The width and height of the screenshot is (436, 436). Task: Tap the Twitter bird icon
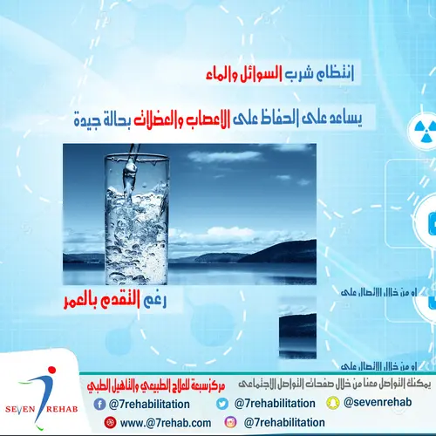click(x=221, y=403)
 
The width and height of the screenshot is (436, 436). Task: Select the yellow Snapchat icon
click(x=331, y=403)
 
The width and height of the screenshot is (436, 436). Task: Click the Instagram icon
click(x=230, y=423)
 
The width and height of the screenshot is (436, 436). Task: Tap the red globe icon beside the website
click(x=109, y=423)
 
